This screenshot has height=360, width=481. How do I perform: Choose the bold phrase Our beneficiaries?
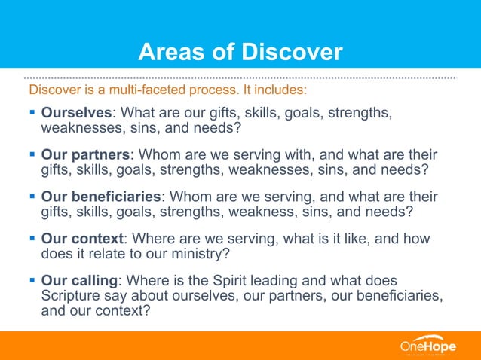[x=100, y=197]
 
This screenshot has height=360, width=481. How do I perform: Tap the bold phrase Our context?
[x=81, y=239]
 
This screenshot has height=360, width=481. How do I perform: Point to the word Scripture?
[x=72, y=294]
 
